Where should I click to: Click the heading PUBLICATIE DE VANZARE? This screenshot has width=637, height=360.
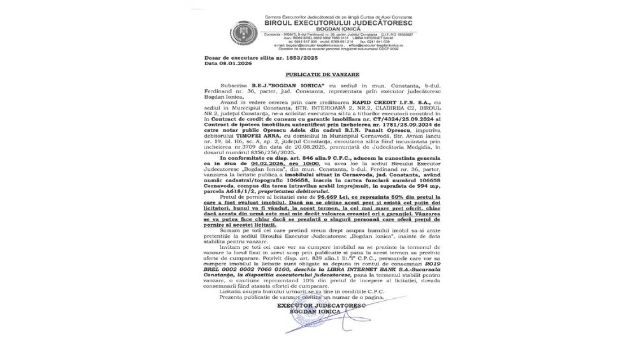(318, 74)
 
